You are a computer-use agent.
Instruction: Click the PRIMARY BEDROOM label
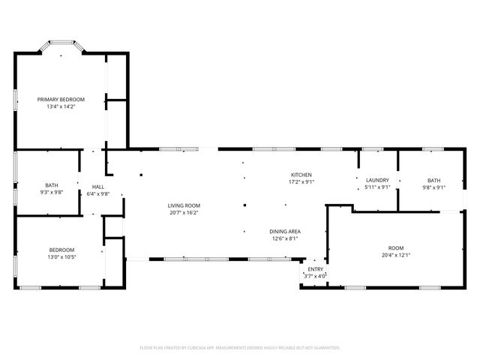pyautogui.click(x=61, y=99)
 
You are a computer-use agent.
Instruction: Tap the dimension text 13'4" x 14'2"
pyautogui.click(x=61, y=106)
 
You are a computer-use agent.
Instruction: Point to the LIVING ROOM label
pyautogui.click(x=183, y=205)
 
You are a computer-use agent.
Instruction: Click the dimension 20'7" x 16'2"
pyautogui.click(x=183, y=212)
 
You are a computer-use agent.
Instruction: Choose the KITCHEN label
pyautogui.click(x=301, y=174)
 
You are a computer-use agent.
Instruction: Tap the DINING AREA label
pyautogui.click(x=285, y=231)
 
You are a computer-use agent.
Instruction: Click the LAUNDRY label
pyautogui.click(x=376, y=180)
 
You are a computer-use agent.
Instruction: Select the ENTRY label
pyautogui.click(x=313, y=268)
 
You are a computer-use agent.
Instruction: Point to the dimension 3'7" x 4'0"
pyautogui.click(x=313, y=275)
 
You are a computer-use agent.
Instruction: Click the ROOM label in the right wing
pyautogui.click(x=395, y=247)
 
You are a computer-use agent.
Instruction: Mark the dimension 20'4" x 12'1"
pyautogui.click(x=395, y=255)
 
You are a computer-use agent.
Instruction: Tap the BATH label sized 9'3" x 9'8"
pyautogui.click(x=52, y=184)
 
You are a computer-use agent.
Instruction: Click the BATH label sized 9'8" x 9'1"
pyautogui.click(x=434, y=180)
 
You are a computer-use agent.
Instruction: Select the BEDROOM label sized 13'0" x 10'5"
pyautogui.click(x=61, y=250)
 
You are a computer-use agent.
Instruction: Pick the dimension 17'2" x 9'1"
pyautogui.click(x=301, y=181)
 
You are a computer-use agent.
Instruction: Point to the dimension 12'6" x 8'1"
pyautogui.click(x=285, y=238)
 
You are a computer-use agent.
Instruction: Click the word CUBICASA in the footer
pyautogui.click(x=193, y=348)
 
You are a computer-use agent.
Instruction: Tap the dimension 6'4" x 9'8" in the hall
pyautogui.click(x=98, y=193)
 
